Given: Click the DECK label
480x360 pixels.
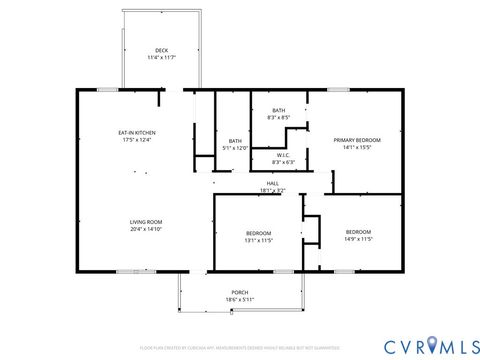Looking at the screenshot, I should [x=161, y=51].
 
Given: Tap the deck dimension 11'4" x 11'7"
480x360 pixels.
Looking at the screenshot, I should [x=161, y=58].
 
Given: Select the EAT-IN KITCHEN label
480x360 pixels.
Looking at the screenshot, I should [x=137, y=133].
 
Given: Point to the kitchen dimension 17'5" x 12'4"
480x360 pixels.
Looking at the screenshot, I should [x=137, y=140].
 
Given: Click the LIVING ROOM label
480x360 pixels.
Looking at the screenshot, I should [x=146, y=222].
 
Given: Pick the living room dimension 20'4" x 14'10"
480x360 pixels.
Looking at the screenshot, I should [x=146, y=229].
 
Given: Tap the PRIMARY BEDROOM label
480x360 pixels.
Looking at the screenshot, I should [x=357, y=140].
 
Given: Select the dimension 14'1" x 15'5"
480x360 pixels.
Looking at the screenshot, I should [x=357, y=147].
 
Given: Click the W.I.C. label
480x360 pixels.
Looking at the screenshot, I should [x=283, y=155].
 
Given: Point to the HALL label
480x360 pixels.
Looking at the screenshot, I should [x=272, y=183].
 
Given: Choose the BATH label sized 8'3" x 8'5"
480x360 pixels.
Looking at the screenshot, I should [x=278, y=110].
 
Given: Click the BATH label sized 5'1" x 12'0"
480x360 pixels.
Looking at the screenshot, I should [x=235, y=141].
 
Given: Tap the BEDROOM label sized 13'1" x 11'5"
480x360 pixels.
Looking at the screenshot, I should [x=258, y=233].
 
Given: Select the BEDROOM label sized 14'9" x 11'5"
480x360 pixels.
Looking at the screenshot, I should [x=358, y=231].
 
